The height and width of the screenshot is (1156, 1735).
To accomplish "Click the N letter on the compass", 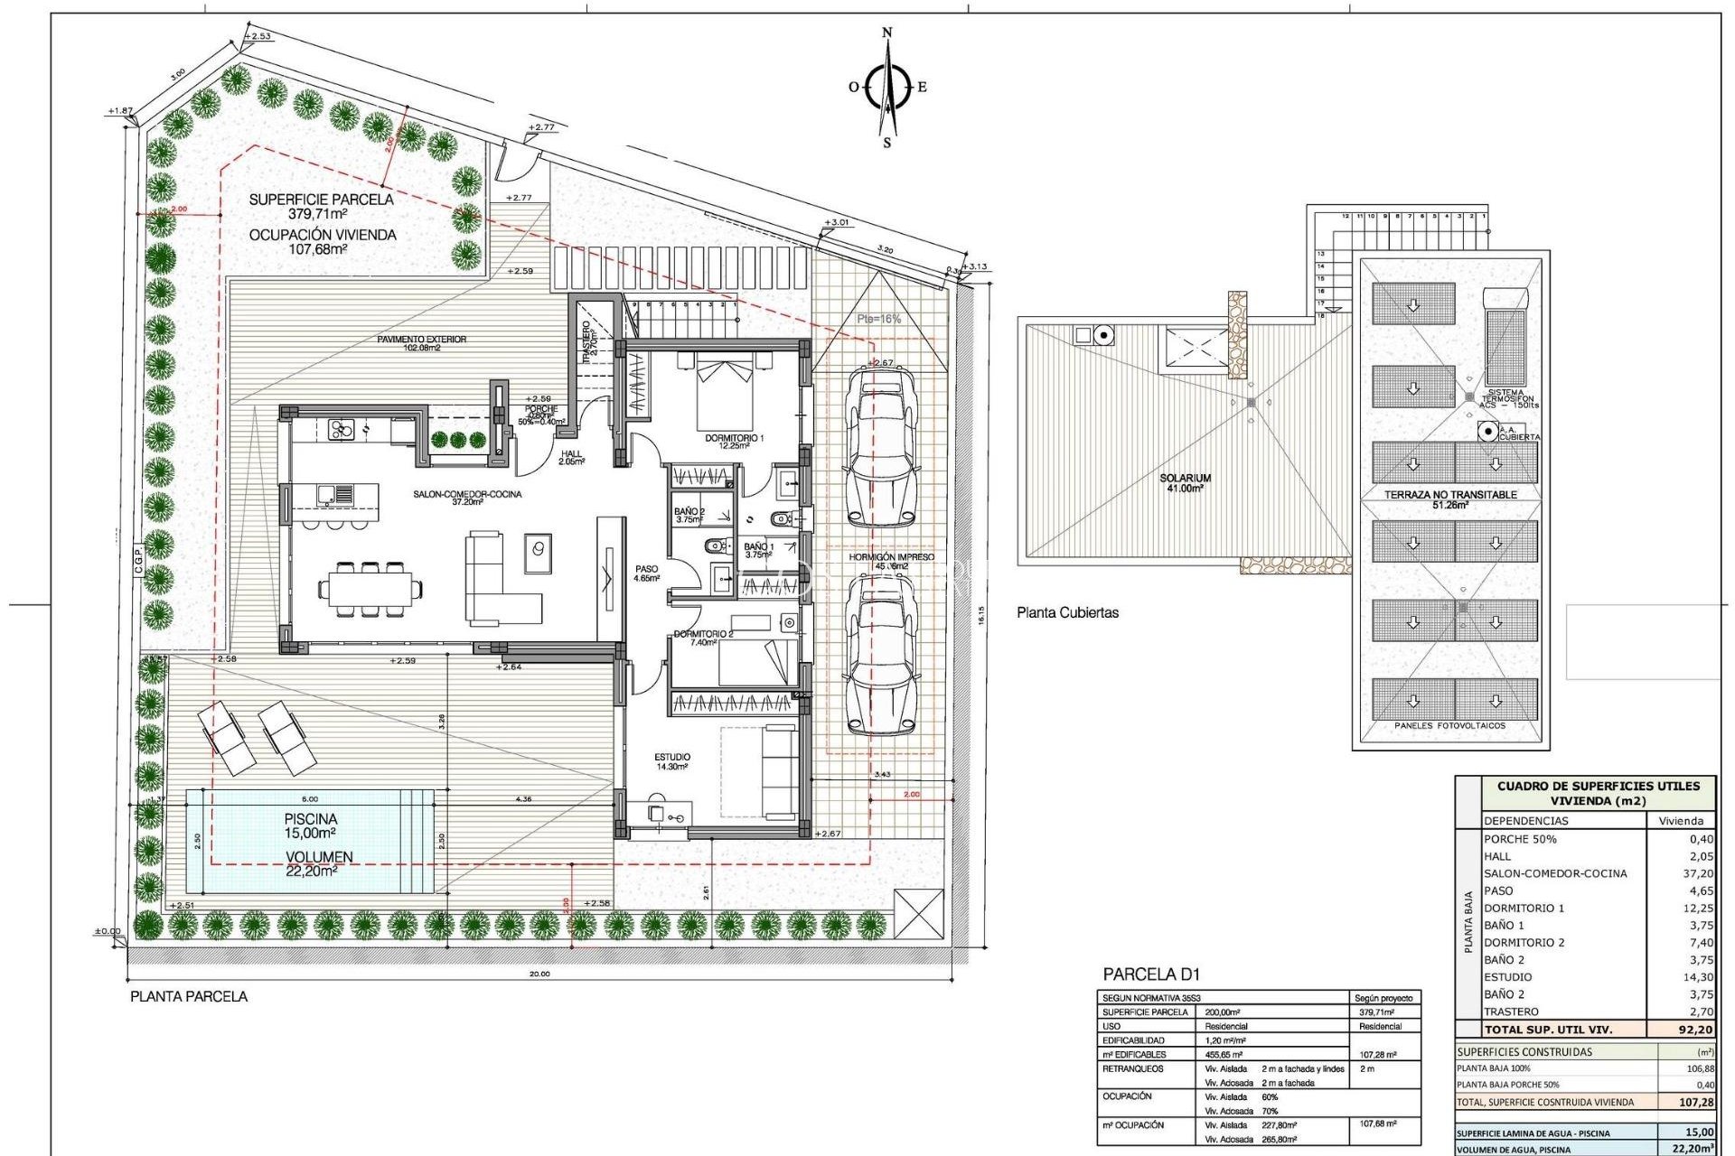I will pos(886,33).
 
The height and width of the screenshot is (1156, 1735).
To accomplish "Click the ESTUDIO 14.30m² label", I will pos(672,761).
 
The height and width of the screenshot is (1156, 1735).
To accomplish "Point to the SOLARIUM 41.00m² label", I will pos(1185,483).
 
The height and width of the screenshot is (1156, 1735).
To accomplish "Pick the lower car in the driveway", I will pos(879,657).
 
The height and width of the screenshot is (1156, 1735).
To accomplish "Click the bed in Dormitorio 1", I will pos(724,394).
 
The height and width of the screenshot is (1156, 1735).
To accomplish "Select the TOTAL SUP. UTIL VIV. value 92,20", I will pos(1694,1029).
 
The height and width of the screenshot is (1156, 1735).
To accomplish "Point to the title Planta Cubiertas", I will pos(1067,612).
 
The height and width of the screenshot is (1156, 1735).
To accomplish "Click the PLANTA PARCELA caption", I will pos(189,996).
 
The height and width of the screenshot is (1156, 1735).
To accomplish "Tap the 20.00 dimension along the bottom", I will pos(539,974).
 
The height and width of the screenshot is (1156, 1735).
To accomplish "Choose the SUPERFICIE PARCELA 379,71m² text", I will pos(322,207).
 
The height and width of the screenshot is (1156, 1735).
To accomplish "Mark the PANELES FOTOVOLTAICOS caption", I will pos(1449,725).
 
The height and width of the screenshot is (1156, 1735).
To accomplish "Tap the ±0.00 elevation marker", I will pos(108,931).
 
